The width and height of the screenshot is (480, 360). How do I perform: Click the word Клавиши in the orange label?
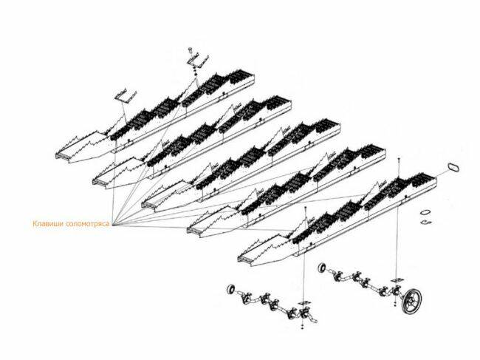click(x=48, y=224)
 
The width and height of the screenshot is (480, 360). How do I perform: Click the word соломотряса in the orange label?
click(x=87, y=224)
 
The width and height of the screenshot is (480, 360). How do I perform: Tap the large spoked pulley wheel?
click(x=412, y=301)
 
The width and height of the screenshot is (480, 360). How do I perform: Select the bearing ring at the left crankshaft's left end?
click(x=231, y=289)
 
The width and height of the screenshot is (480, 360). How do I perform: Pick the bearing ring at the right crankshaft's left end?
click(x=322, y=268)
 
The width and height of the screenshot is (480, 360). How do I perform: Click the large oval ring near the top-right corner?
click(x=453, y=168)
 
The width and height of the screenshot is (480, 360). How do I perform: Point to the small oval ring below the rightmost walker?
click(x=425, y=212)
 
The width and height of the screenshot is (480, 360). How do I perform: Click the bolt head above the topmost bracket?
click(x=190, y=50)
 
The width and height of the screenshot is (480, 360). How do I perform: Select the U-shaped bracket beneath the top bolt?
click(x=197, y=61)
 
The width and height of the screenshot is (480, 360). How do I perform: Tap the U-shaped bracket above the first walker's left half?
click(x=126, y=95)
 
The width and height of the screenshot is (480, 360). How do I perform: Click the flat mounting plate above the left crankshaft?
click(x=304, y=303)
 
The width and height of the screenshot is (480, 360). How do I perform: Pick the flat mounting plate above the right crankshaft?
click(x=397, y=281)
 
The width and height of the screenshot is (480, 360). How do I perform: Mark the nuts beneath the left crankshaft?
click(x=303, y=326)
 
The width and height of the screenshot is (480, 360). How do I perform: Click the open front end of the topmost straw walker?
click(x=63, y=156)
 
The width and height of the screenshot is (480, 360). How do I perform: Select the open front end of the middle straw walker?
click(x=148, y=205)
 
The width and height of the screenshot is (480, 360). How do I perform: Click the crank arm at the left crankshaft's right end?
click(x=312, y=319)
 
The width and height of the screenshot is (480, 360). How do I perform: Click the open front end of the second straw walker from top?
click(x=100, y=182)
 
